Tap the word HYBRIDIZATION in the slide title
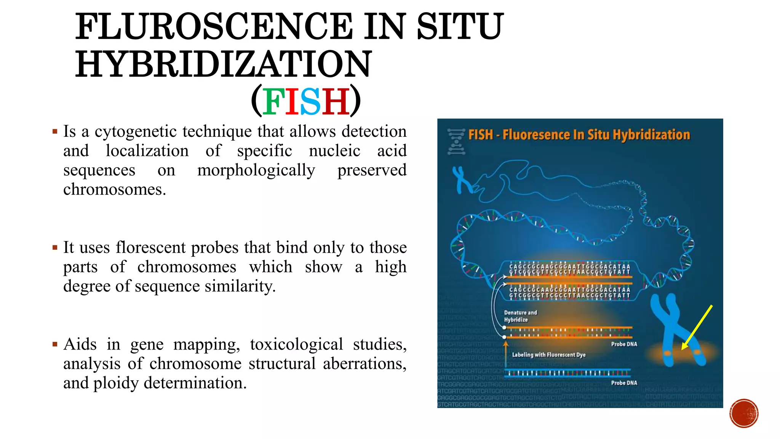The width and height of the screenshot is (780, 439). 223,64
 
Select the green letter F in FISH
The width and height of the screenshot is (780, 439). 273,101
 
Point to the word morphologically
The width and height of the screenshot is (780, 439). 256,170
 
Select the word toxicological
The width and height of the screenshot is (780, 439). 296,344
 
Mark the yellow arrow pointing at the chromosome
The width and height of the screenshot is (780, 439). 697,327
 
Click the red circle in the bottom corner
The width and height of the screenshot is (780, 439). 744,413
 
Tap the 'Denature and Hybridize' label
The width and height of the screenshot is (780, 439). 520,316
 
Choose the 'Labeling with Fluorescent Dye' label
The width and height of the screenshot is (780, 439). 548,355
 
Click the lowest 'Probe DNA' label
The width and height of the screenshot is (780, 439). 624,383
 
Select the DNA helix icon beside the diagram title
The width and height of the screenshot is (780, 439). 456,141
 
